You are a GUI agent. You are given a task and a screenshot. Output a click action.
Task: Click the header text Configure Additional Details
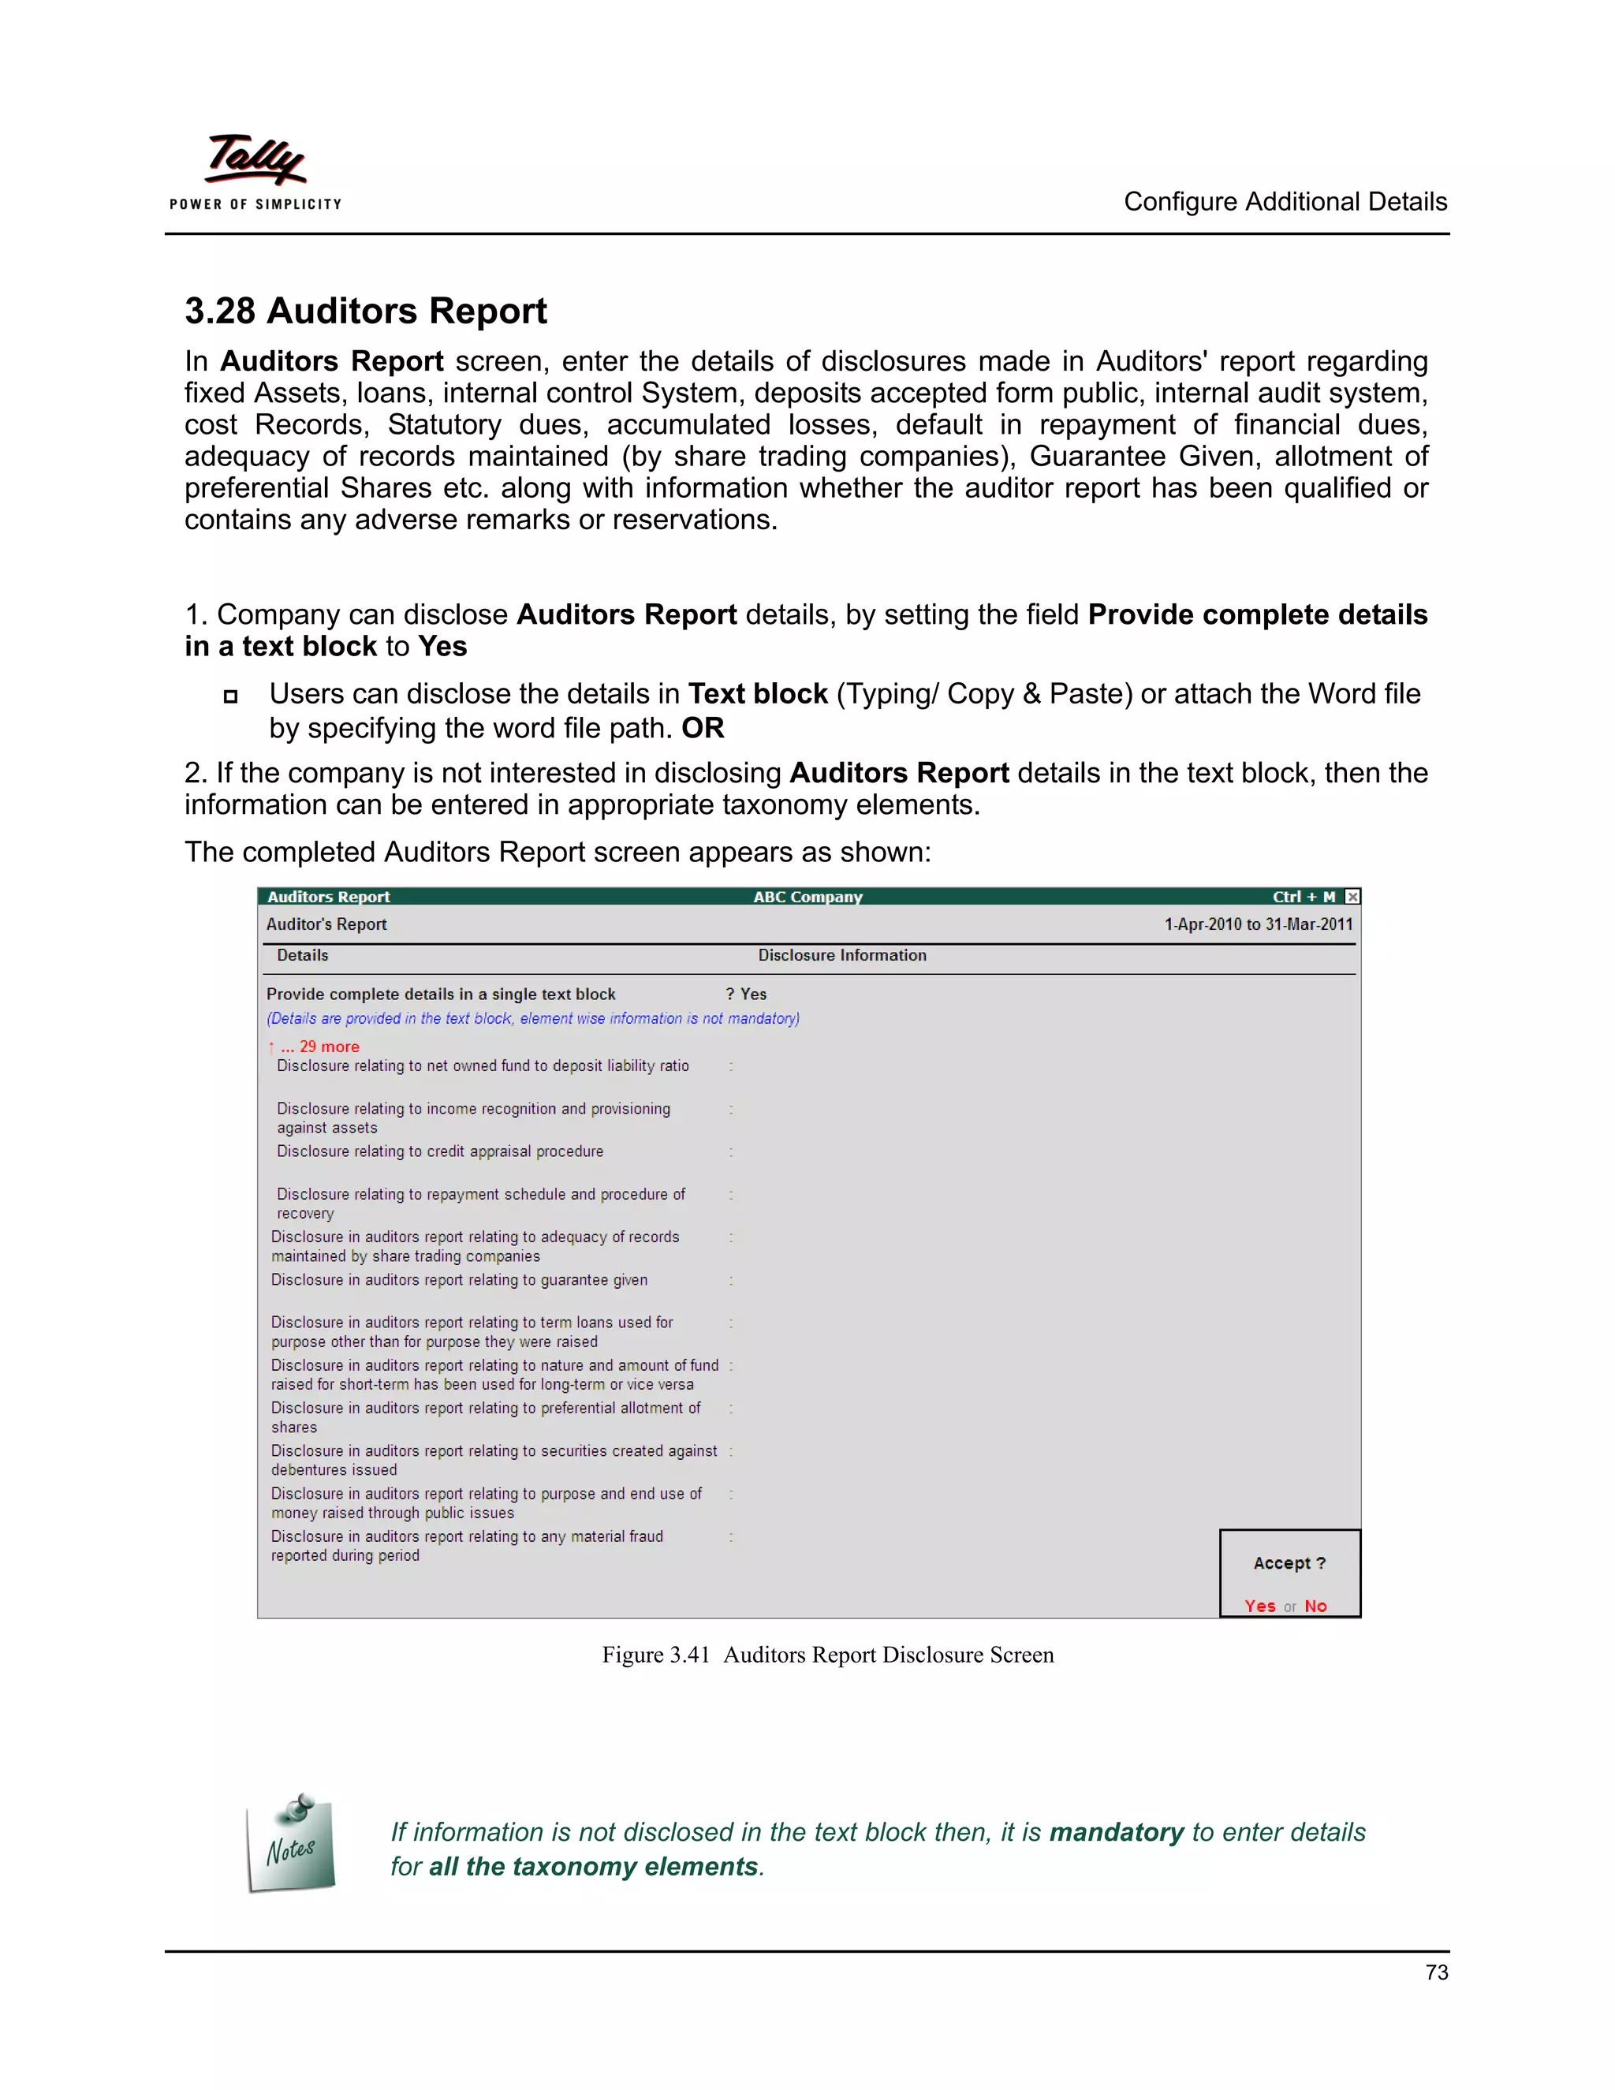(1284, 202)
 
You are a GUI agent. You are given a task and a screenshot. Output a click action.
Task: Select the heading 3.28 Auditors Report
(365, 311)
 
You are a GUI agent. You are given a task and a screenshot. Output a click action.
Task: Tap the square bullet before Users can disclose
(230, 696)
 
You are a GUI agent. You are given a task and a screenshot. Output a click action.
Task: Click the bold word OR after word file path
(703, 728)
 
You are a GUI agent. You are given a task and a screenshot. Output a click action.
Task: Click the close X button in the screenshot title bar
(1352, 897)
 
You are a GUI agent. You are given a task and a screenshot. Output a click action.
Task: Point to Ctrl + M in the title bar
(1303, 897)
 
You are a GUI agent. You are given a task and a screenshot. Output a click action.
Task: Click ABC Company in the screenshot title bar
(807, 897)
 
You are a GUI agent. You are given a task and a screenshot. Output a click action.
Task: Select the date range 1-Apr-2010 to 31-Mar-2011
(1257, 924)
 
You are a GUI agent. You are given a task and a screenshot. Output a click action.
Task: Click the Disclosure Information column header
(842, 955)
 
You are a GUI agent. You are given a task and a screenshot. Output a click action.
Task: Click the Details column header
(302, 955)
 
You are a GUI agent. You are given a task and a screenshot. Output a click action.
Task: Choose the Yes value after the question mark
(754, 995)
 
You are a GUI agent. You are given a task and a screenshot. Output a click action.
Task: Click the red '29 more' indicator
(320, 1047)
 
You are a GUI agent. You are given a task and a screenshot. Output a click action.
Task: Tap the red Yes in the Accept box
(1259, 1606)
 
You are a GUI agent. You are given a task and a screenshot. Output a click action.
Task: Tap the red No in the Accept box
(1315, 1606)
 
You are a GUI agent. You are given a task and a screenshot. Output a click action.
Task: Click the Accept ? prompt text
(1289, 1562)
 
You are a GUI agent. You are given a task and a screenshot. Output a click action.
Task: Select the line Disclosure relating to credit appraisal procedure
(440, 1151)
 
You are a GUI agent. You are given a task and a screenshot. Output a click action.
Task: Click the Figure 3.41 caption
(827, 1655)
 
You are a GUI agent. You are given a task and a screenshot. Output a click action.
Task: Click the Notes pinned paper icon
(291, 1844)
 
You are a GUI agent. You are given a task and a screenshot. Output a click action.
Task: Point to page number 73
(1435, 1972)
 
